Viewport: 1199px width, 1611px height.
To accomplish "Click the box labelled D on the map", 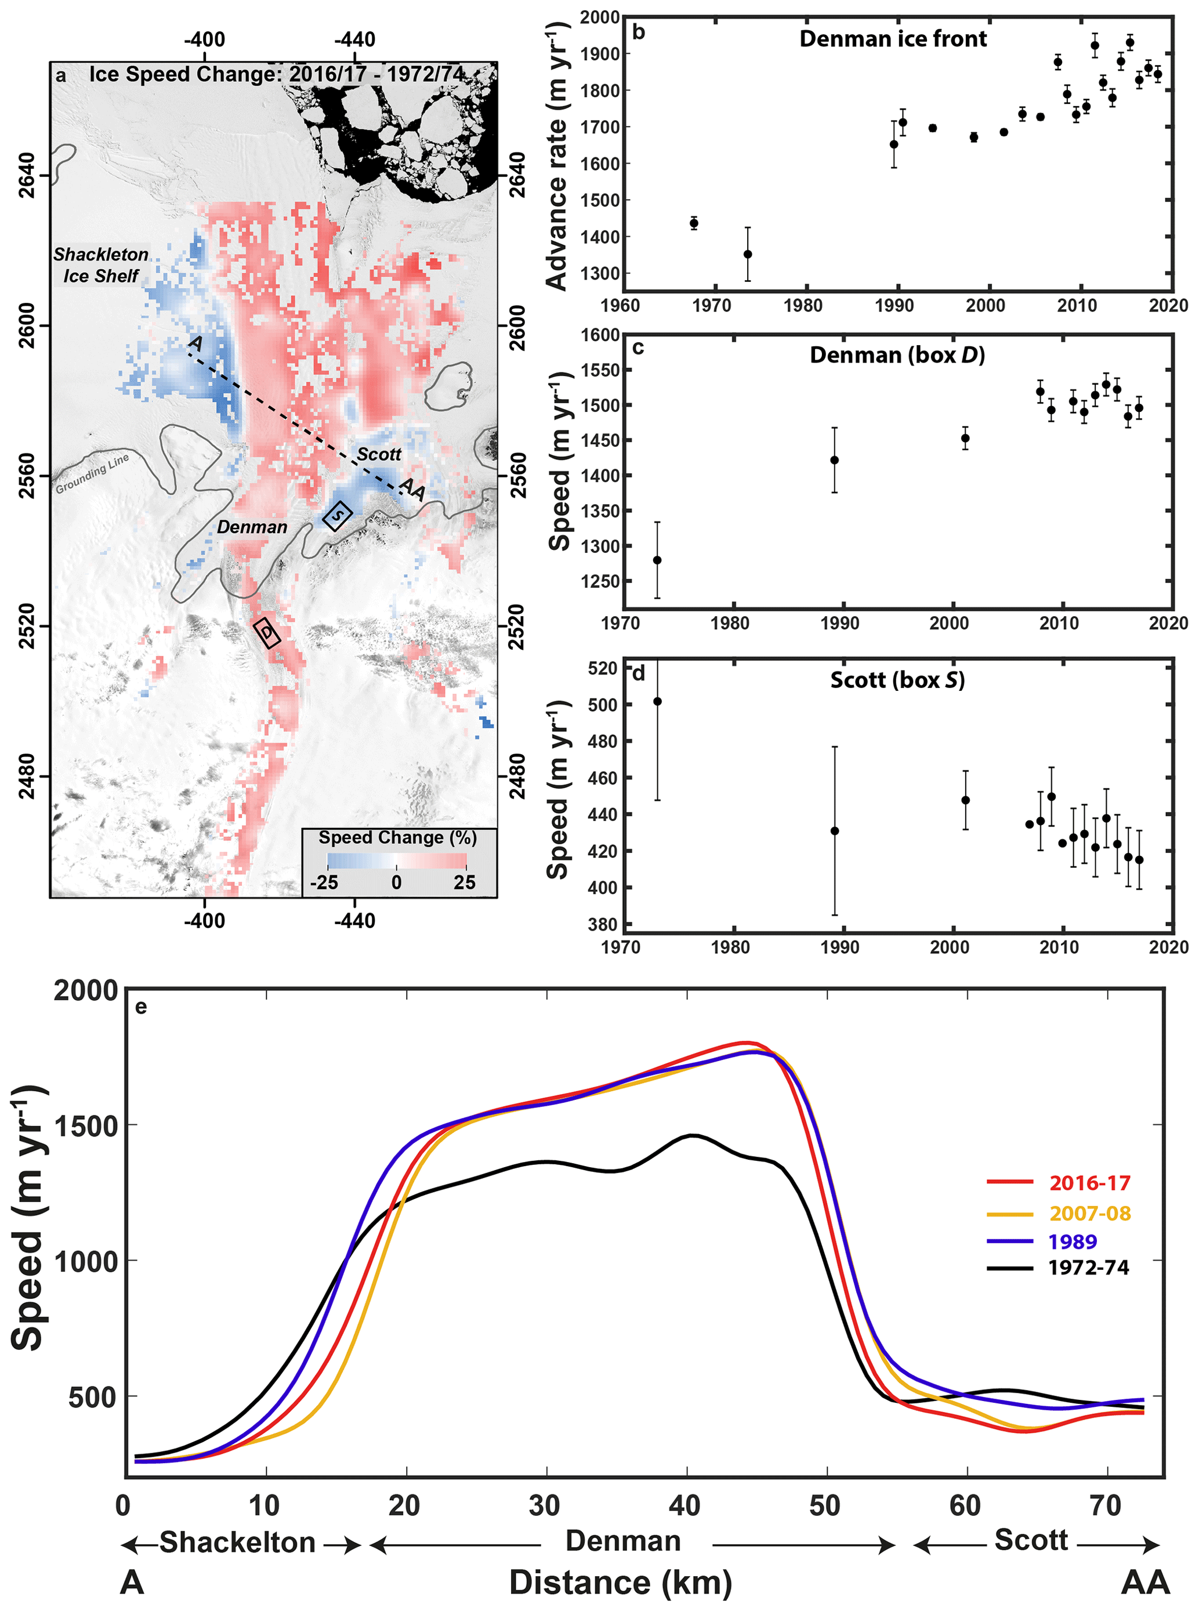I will tap(267, 632).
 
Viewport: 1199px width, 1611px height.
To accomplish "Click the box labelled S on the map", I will tap(338, 515).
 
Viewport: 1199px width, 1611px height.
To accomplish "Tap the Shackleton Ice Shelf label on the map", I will tap(101, 265).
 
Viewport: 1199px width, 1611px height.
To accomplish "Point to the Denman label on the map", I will tap(252, 527).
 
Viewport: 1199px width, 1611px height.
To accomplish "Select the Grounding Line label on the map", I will tap(92, 473).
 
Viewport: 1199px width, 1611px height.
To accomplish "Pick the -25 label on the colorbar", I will tap(324, 882).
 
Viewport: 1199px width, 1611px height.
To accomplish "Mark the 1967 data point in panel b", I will tap(694, 223).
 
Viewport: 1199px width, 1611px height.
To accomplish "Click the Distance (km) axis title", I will tap(620, 1582).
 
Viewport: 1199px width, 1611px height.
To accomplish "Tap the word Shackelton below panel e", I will tap(237, 1542).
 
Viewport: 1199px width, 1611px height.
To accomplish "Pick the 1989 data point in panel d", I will tap(835, 831).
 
